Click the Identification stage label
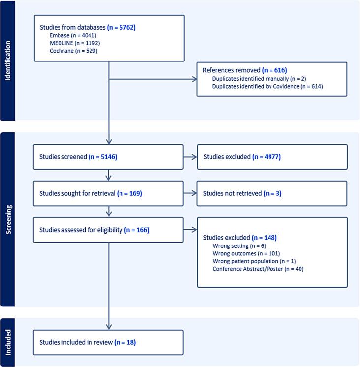click(x=7, y=61)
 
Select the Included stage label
click(x=7, y=342)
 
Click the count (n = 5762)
click(x=121, y=27)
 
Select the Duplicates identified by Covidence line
click(x=268, y=87)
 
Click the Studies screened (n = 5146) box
click(x=108, y=157)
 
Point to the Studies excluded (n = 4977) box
click(x=272, y=157)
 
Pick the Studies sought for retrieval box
click(x=108, y=194)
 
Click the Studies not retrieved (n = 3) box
click(x=272, y=194)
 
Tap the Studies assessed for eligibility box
click(x=108, y=230)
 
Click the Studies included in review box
click(x=108, y=342)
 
